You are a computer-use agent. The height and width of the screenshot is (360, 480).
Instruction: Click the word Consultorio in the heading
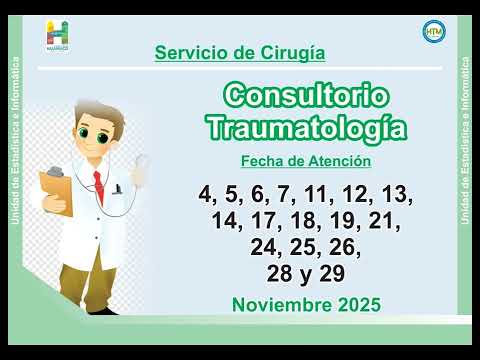306,97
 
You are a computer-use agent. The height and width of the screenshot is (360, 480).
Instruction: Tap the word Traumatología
306,128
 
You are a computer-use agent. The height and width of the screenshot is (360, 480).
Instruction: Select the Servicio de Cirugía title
240,52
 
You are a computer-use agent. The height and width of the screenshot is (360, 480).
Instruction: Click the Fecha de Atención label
306,161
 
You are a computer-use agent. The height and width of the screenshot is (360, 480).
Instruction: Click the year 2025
356,305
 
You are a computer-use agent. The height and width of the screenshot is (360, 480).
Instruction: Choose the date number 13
397,194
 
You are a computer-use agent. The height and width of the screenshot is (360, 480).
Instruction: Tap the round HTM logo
434,31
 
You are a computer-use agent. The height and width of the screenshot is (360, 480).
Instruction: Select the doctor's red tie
98,186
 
